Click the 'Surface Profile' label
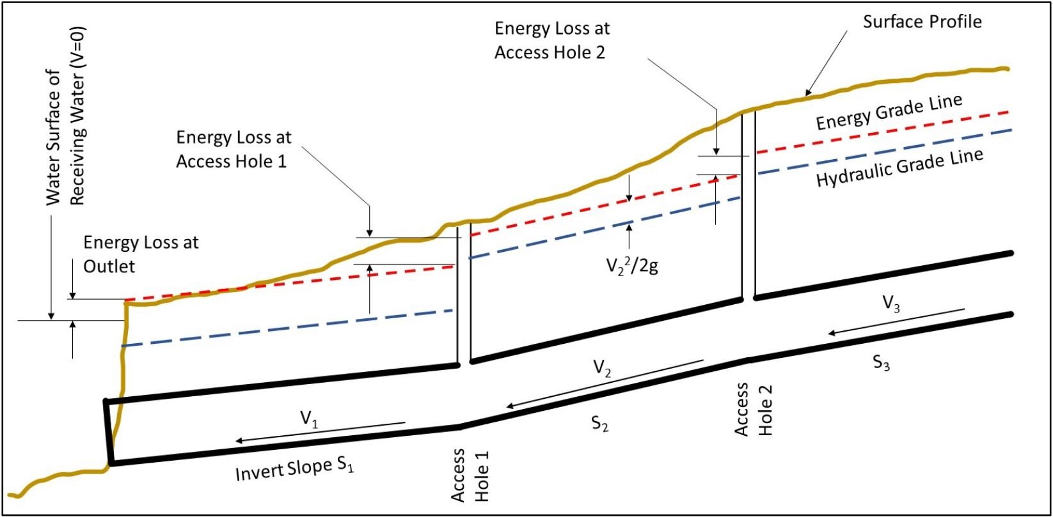coord(922,22)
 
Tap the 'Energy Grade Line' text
coord(889,112)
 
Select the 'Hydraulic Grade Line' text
coord(899,167)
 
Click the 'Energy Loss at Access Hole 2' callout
coord(552,40)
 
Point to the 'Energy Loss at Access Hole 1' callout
coord(234,149)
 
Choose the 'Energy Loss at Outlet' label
coord(141,254)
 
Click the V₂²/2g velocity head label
coord(632,265)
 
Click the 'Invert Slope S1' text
coord(294,470)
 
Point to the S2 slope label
coord(599,423)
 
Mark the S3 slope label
coord(882,363)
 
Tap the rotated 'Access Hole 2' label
coord(753,410)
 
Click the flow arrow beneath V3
coord(896,321)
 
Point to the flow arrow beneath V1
coord(320,432)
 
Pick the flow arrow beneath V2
coord(605,383)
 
